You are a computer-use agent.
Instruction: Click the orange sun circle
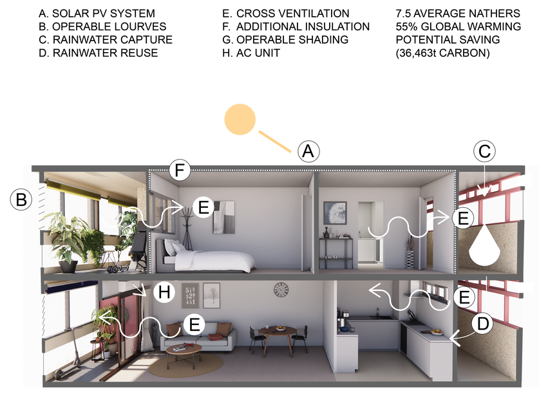[x=240, y=120]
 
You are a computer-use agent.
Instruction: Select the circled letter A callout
[x=308, y=152]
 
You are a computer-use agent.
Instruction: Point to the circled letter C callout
[x=485, y=152]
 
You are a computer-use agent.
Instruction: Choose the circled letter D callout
[x=483, y=324]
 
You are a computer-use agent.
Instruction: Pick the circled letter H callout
[x=164, y=293]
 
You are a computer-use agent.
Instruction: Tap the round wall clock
[x=281, y=290]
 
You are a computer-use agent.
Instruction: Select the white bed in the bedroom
[x=213, y=258]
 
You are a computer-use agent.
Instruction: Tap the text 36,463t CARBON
[x=443, y=53]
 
